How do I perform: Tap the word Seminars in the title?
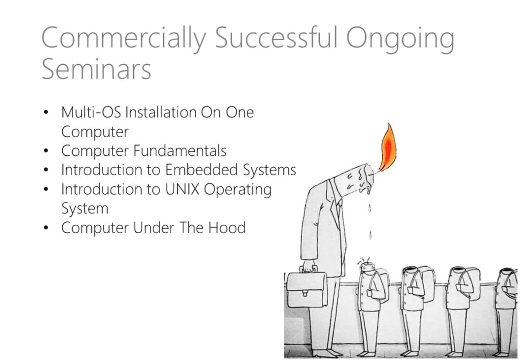click(x=96, y=69)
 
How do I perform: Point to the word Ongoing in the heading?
click(x=400, y=40)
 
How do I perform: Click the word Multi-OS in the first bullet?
click(x=91, y=112)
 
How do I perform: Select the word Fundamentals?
click(x=180, y=150)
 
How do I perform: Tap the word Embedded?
click(x=201, y=170)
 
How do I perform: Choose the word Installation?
click(x=161, y=112)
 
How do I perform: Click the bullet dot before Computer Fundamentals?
click(x=46, y=151)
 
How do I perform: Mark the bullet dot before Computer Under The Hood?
click(x=46, y=228)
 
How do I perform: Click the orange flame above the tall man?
click(x=387, y=148)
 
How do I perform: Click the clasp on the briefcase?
click(x=305, y=292)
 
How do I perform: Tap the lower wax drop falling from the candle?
click(x=370, y=236)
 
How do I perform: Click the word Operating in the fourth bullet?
click(x=238, y=190)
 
